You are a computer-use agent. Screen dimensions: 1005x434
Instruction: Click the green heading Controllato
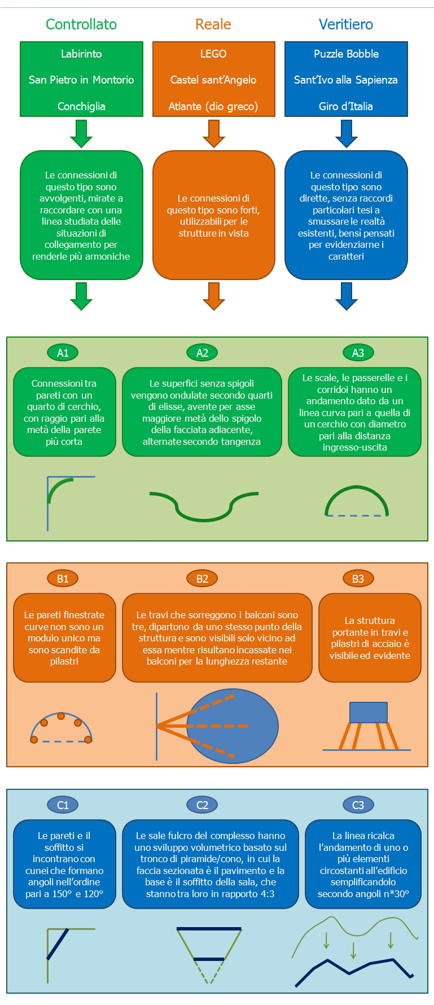[x=81, y=24]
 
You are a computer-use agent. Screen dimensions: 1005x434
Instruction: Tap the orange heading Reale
[x=213, y=24]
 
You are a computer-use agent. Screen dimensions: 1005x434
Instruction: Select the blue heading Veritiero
[x=346, y=24]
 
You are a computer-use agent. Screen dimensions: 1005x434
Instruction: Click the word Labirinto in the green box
[x=81, y=54]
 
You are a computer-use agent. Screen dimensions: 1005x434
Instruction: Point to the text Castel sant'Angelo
[x=213, y=80]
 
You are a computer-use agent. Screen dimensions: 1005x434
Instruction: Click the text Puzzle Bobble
[x=346, y=54]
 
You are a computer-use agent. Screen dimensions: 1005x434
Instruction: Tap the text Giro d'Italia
[x=346, y=106]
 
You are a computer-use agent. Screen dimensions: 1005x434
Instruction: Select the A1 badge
[x=63, y=353]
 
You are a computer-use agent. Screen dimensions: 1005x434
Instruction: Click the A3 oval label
[x=358, y=353]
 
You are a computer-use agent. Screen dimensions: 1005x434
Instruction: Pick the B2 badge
[x=202, y=578]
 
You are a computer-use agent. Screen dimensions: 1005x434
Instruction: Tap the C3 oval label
[x=358, y=805]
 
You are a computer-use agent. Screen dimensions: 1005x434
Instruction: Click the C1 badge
[x=63, y=805]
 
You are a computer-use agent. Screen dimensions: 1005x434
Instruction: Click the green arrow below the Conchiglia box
[x=81, y=134]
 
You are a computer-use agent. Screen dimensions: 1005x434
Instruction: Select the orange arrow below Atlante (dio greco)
[x=213, y=134]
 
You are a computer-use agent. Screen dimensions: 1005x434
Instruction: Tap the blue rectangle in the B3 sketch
[x=369, y=713]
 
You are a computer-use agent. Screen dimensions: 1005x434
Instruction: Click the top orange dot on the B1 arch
[x=61, y=716]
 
